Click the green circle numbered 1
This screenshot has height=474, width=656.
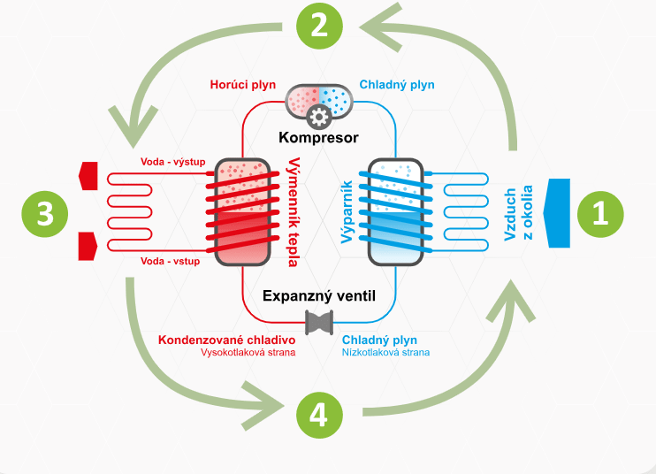pos(600,214)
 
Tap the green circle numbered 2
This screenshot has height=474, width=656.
pos(320,26)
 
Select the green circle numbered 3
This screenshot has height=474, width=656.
pos(45,214)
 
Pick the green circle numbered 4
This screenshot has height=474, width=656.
pos(319,415)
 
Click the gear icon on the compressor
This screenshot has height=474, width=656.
pos(319,117)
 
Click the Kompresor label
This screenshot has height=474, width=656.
pos(319,138)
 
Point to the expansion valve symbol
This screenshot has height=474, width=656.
pos(319,323)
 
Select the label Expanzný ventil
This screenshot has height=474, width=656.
pos(319,295)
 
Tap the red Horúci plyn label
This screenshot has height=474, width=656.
pos(242,85)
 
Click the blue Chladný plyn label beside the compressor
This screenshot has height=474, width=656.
pos(397,85)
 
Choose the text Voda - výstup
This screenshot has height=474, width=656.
pos(172,162)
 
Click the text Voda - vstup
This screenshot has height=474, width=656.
pos(171,262)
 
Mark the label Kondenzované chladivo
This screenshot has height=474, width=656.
pos(226,340)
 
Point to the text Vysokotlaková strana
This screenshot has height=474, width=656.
pos(248,353)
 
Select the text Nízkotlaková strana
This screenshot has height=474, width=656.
pos(385,353)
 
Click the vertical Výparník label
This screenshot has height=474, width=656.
pos(347,211)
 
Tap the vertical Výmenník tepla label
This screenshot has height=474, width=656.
pos(294,212)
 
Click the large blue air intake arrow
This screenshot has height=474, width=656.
pos(557,213)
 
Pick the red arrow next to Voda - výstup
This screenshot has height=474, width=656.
pos(88,176)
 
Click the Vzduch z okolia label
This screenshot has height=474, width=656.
pos(518,213)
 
